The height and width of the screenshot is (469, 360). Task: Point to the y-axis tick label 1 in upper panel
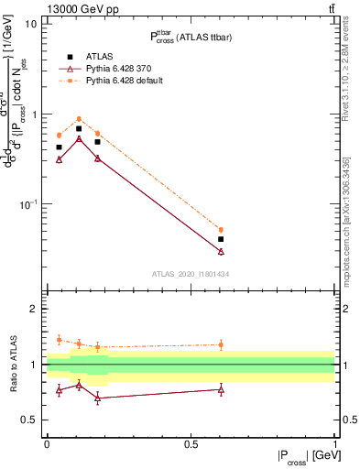(35, 115)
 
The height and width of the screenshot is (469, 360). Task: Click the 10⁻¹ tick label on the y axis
(29, 204)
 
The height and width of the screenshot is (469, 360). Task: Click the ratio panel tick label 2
(35, 310)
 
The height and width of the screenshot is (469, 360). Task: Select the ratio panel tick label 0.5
(30, 420)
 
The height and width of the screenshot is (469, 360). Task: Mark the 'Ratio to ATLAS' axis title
(12, 364)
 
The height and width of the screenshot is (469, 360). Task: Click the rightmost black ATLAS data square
(221, 239)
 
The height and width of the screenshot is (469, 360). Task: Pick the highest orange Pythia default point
(79, 119)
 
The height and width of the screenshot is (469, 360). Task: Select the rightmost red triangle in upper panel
(221, 251)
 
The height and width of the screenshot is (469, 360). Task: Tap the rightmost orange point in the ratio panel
(221, 345)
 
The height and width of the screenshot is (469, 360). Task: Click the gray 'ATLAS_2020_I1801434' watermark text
(190, 273)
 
